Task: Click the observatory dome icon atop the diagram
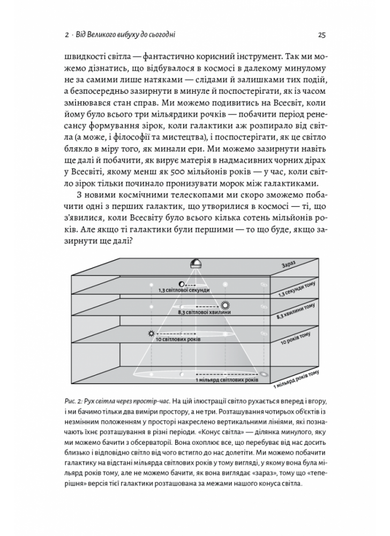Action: tap(196, 263)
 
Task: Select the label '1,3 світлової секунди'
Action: tap(180, 289)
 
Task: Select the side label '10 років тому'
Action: tap(296, 336)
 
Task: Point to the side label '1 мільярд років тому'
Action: tap(297, 378)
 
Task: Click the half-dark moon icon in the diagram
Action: tap(182, 282)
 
